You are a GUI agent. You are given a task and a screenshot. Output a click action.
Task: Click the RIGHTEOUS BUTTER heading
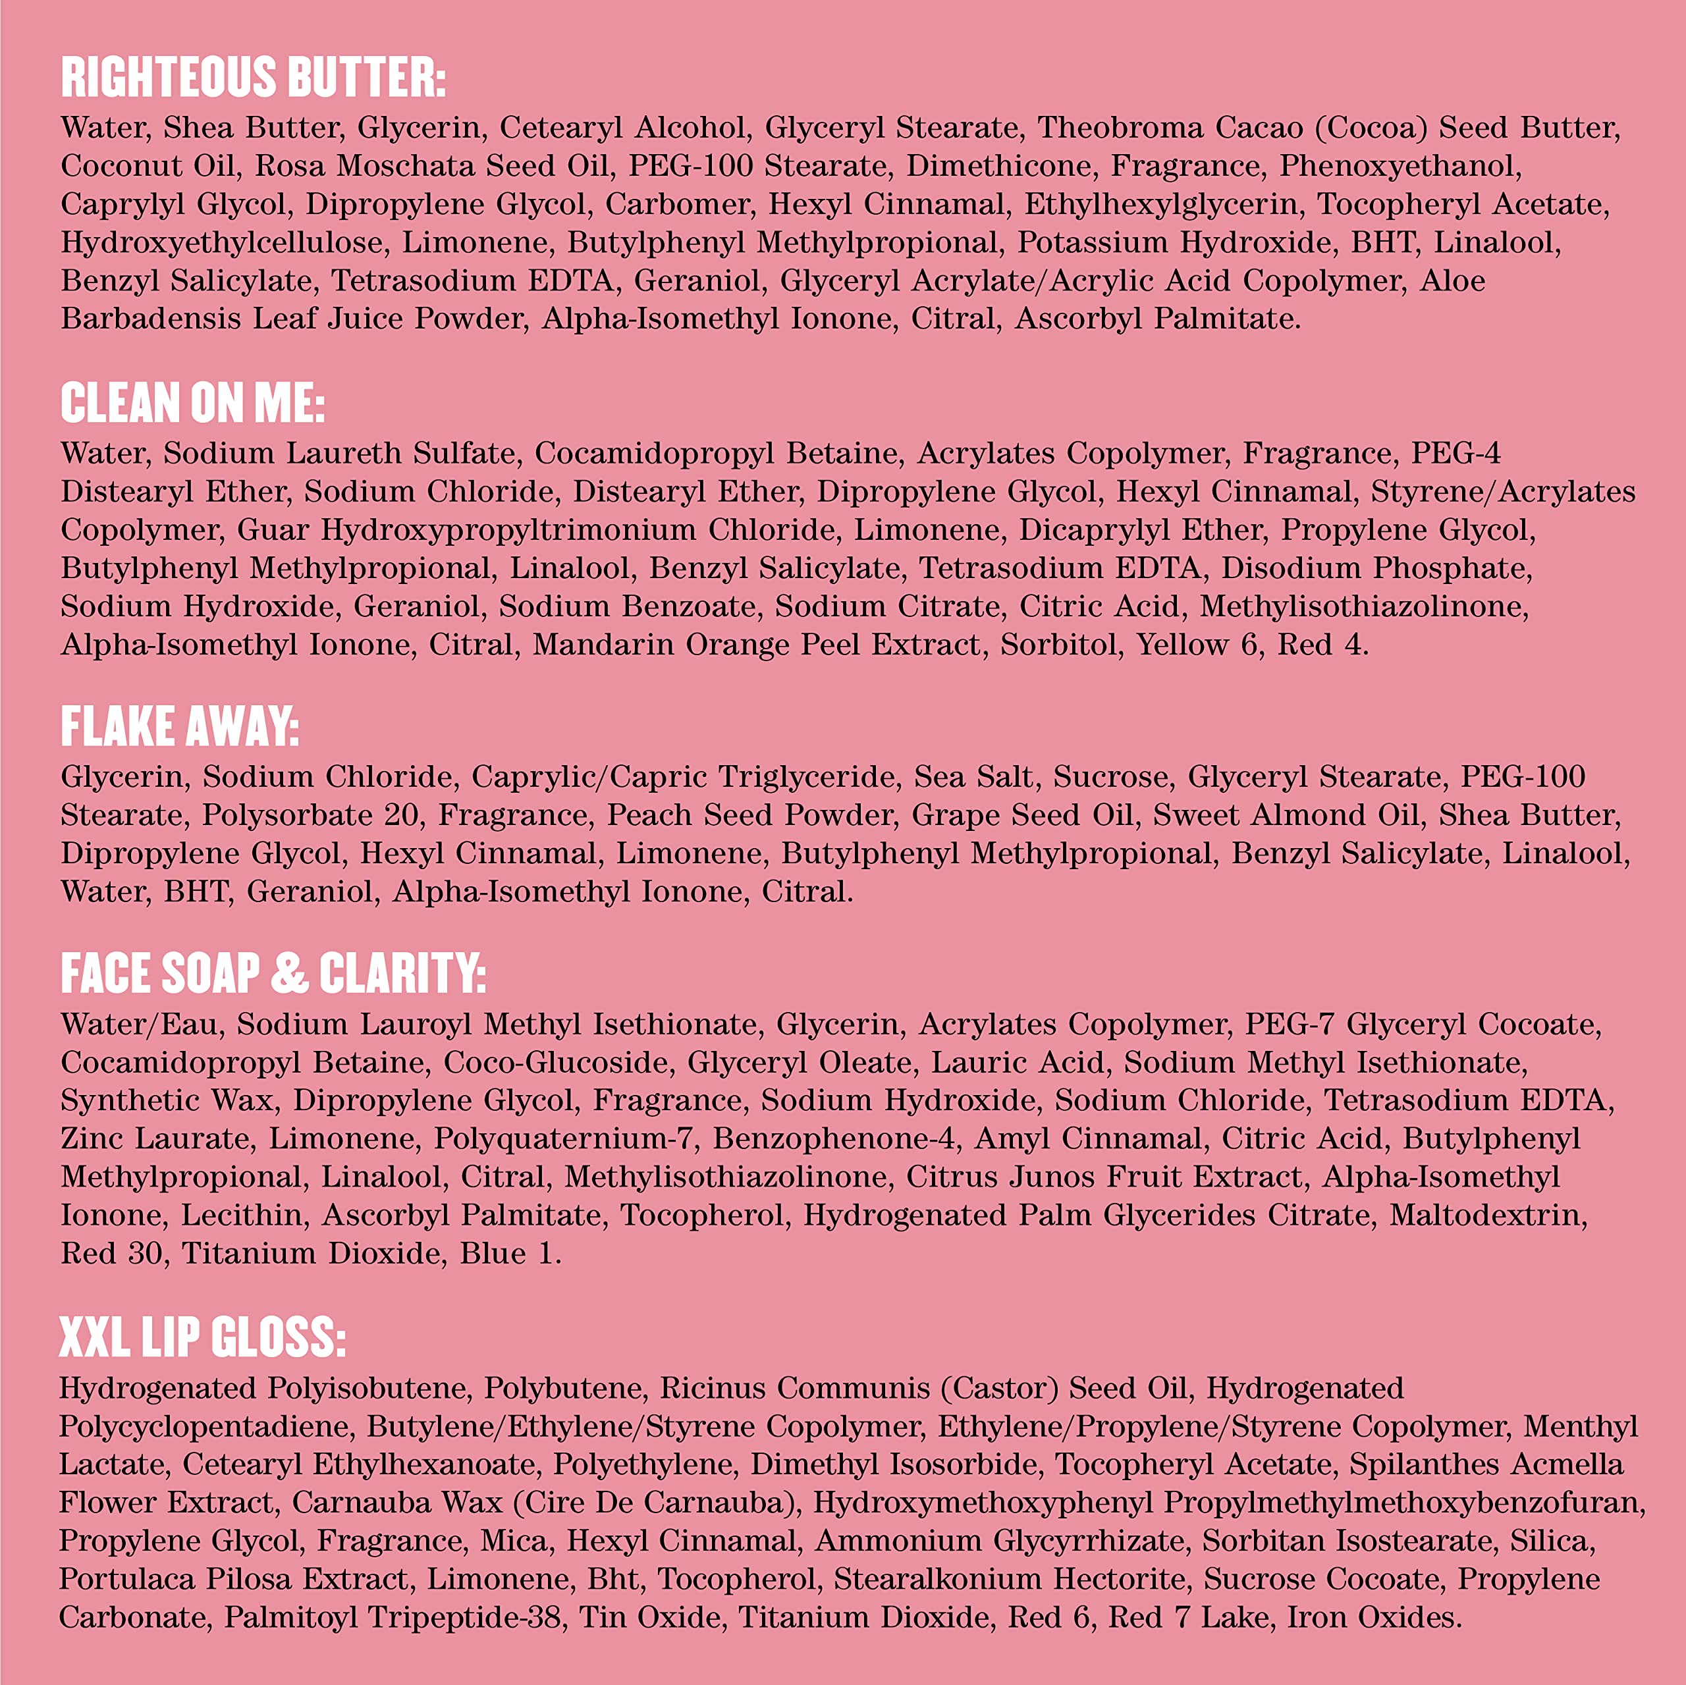pos(253,77)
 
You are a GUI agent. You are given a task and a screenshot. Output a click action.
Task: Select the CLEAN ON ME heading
pos(193,402)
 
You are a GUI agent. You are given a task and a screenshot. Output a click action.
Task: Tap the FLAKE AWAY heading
pos(180,726)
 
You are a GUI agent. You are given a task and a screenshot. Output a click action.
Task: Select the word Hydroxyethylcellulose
pos(222,242)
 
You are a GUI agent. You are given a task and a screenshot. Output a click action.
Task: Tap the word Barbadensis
pos(151,319)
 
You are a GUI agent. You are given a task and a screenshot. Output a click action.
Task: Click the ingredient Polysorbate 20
pos(310,815)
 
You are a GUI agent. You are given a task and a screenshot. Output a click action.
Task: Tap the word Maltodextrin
pos(1488,1216)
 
